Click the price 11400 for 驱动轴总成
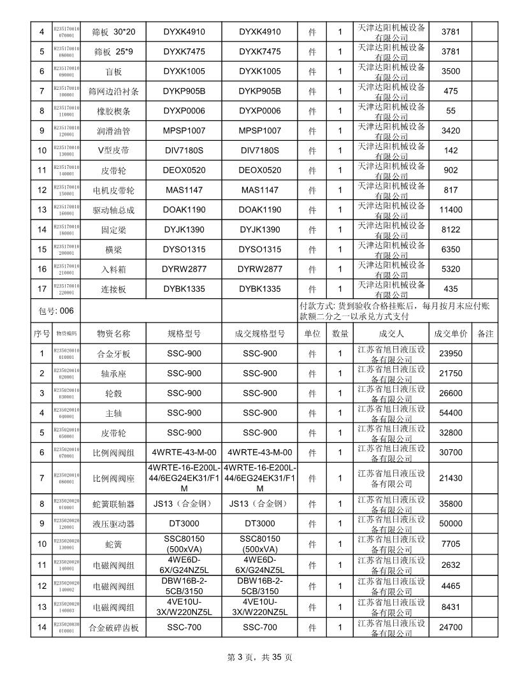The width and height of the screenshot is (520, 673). point(451,210)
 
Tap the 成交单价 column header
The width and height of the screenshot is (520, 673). point(451,333)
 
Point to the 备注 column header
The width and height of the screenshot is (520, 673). point(485,333)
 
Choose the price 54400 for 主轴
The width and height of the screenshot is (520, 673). point(451,413)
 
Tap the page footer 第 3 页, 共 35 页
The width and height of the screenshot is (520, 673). point(260,657)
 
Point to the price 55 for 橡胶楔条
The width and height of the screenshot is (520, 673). point(451,111)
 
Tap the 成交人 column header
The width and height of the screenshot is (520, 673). point(391,333)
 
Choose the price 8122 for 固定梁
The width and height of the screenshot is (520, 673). point(451,229)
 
